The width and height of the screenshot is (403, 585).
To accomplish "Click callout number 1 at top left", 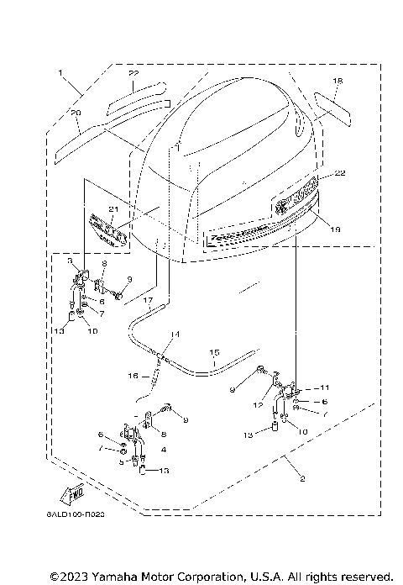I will [x=60, y=74].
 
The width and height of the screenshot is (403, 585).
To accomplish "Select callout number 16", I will [x=133, y=377].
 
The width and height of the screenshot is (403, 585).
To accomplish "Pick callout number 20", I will [x=76, y=113].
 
